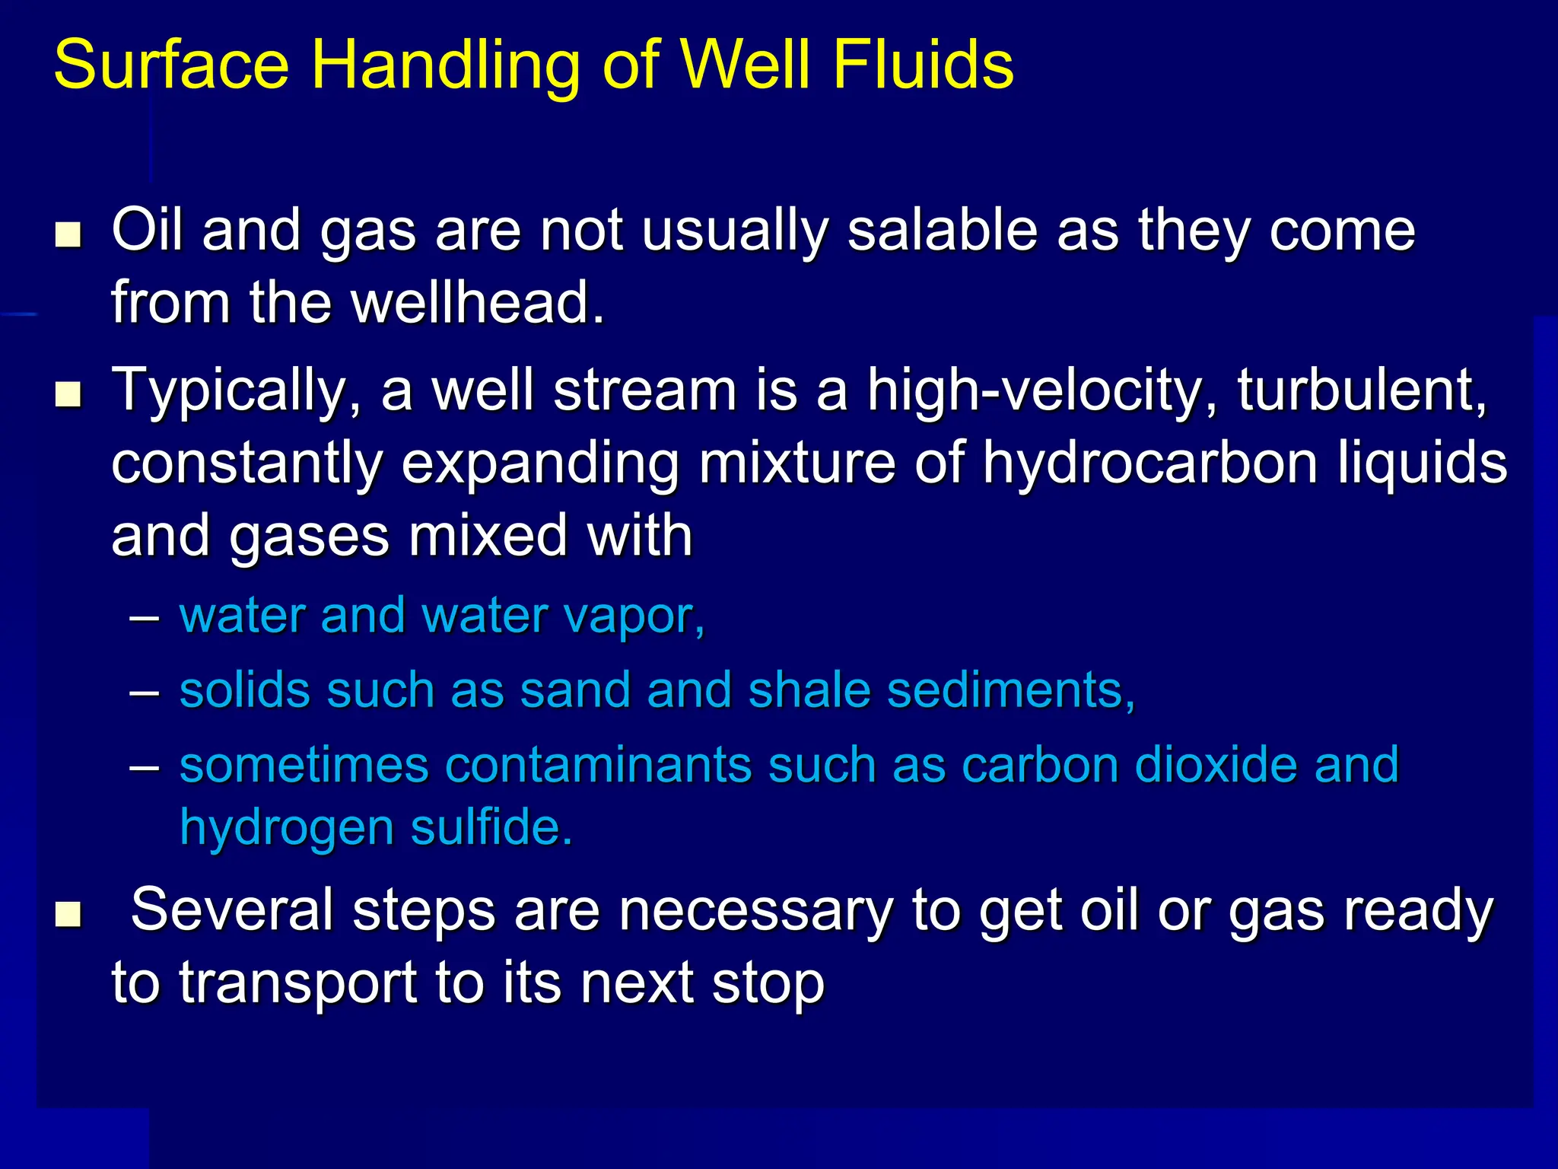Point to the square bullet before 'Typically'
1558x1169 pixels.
pos(68,395)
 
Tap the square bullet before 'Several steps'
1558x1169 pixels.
pos(68,914)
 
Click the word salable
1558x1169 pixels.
pos(942,230)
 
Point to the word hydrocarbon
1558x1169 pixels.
pos(1149,463)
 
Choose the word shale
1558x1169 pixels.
pos(809,690)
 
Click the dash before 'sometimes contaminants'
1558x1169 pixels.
pos(145,765)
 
